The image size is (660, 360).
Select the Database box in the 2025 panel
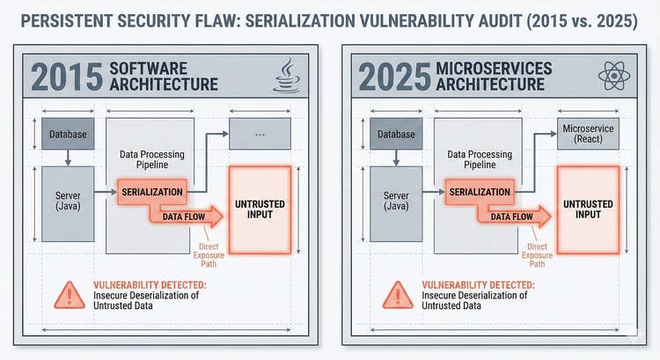tap(396, 134)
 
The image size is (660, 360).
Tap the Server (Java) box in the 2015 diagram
tap(68, 200)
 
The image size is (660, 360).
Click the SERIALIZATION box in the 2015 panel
tap(152, 191)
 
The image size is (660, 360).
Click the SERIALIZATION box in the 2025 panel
tap(480, 191)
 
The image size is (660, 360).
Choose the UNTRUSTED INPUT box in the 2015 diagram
tap(261, 208)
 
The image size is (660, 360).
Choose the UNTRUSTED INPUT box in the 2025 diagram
tap(589, 208)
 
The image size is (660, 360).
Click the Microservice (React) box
tap(589, 135)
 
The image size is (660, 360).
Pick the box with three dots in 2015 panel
tap(260, 134)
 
